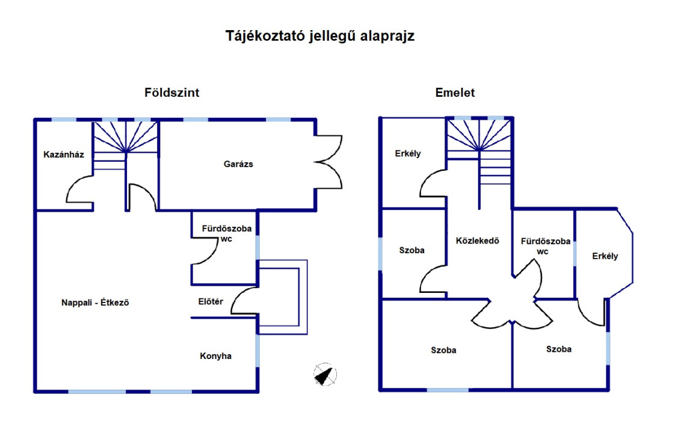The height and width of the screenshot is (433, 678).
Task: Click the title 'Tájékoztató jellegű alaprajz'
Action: (x=320, y=36)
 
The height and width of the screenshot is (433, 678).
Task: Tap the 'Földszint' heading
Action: (x=171, y=93)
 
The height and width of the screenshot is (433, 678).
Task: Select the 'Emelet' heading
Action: (x=455, y=93)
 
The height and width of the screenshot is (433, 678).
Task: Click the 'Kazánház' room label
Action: (x=64, y=155)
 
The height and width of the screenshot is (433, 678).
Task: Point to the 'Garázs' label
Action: (x=238, y=164)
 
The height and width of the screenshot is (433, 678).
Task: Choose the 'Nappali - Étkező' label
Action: (x=95, y=302)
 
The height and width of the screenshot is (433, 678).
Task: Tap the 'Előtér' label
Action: (x=211, y=302)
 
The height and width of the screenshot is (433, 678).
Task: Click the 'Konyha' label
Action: (x=216, y=356)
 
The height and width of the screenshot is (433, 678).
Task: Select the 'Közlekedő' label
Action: (x=478, y=241)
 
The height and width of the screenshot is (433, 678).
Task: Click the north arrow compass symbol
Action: (x=325, y=374)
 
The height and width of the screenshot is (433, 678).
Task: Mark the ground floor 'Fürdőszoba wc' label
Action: (x=227, y=233)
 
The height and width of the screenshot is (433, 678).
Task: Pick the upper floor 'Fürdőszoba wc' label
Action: (x=545, y=247)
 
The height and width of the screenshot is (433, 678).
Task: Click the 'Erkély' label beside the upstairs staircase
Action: (x=408, y=153)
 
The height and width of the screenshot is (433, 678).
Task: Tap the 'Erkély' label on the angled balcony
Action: (x=605, y=256)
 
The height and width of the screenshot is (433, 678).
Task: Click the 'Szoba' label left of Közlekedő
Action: (x=411, y=250)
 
